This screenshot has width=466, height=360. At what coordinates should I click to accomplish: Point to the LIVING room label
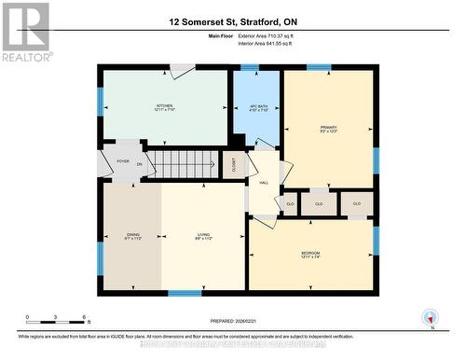point(202,236)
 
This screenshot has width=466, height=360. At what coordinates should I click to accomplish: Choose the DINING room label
point(132,236)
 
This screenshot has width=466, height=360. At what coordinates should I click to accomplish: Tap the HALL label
point(264,182)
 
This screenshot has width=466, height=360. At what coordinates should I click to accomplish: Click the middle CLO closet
point(319,202)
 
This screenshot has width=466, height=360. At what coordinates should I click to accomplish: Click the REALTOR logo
point(24,32)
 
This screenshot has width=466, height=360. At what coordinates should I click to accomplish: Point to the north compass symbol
point(430,318)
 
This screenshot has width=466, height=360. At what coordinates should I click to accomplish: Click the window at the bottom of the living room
point(185,293)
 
